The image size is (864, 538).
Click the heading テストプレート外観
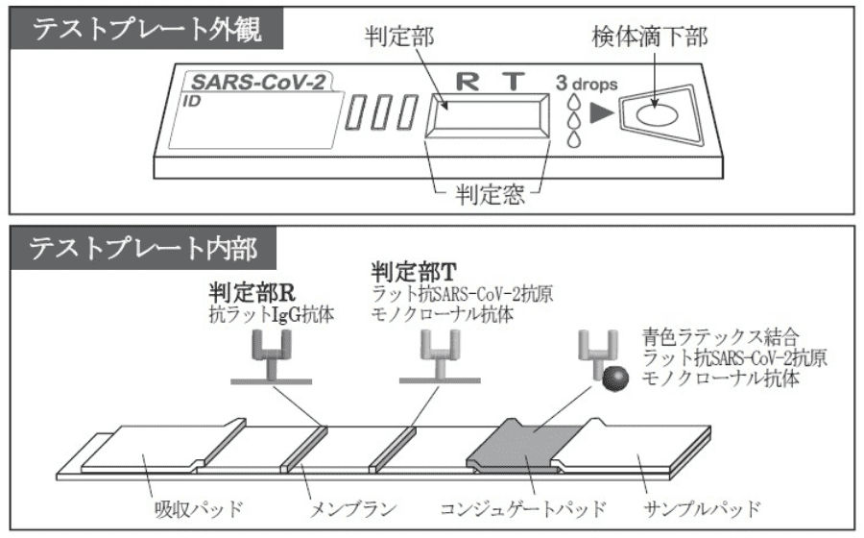click(x=147, y=29)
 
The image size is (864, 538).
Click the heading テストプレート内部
click(x=143, y=248)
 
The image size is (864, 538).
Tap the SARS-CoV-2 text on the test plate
click(x=258, y=83)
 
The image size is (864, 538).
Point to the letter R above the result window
click(x=468, y=82)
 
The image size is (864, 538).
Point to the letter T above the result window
click(x=513, y=82)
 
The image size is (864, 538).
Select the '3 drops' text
click(x=587, y=84)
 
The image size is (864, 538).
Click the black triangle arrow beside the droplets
click(x=601, y=113)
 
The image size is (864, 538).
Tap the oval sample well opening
click(x=657, y=115)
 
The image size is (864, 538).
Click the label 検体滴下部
click(x=650, y=37)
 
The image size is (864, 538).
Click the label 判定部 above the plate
click(x=399, y=37)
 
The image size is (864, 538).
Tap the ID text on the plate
click(x=191, y=102)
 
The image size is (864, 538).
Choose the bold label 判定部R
click(x=252, y=293)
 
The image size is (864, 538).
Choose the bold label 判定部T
click(x=414, y=271)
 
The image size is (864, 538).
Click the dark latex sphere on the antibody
click(x=614, y=379)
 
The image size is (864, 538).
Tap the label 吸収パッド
click(x=199, y=507)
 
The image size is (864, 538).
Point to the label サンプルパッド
click(x=702, y=507)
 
